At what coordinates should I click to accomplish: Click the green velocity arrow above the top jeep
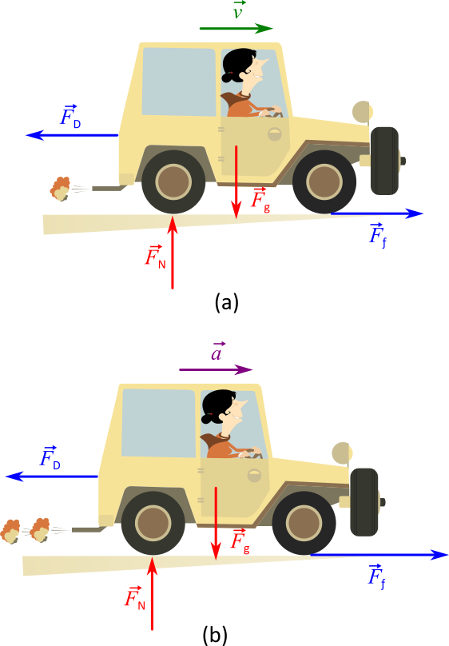click(236, 29)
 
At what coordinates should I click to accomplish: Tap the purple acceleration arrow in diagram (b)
click(216, 370)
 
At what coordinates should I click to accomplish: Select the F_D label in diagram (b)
click(50, 457)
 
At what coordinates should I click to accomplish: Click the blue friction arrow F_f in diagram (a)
click(375, 213)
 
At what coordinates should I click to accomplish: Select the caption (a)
click(226, 302)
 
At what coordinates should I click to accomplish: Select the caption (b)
click(216, 635)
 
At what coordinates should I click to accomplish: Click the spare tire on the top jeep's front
click(385, 160)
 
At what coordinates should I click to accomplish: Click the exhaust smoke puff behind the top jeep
click(59, 189)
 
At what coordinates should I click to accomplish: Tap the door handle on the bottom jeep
click(255, 475)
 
